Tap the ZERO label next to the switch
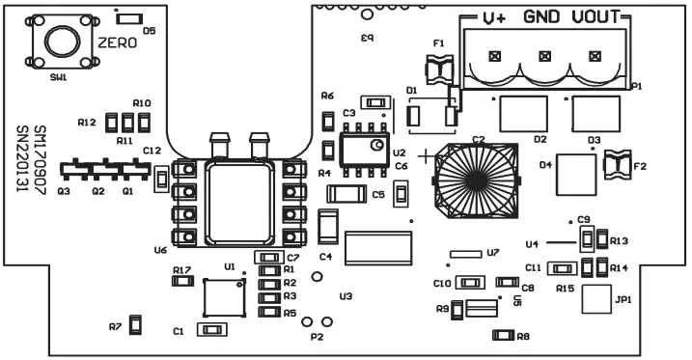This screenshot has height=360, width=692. (117, 43)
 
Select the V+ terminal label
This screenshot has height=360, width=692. (495, 18)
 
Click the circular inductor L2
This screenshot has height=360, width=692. (478, 180)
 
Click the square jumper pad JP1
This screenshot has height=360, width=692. (598, 300)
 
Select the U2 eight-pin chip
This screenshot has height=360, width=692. (365, 152)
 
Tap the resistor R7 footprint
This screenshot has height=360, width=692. (136, 325)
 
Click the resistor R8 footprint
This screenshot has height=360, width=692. (502, 335)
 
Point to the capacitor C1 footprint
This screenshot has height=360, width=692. (209, 330)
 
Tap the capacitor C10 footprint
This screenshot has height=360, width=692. (470, 283)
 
